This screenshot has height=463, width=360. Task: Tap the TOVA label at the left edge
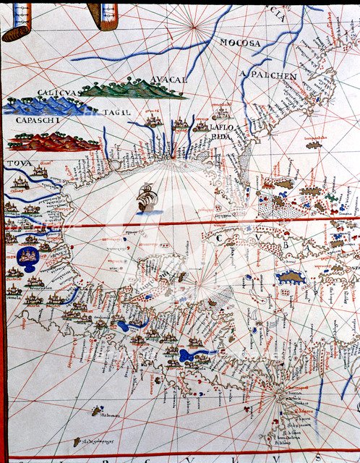click(14, 163)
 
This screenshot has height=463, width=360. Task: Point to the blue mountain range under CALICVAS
click(43, 106)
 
